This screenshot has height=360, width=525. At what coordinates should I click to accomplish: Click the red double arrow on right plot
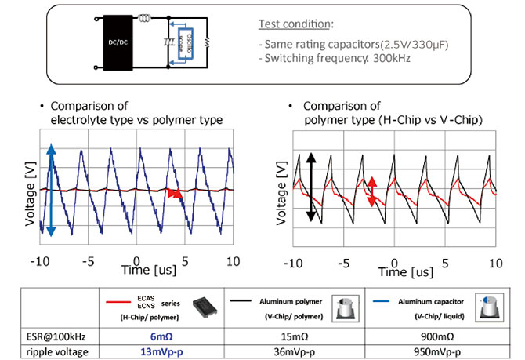click(372, 191)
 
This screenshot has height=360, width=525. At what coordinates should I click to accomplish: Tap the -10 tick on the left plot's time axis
click(41, 260)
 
